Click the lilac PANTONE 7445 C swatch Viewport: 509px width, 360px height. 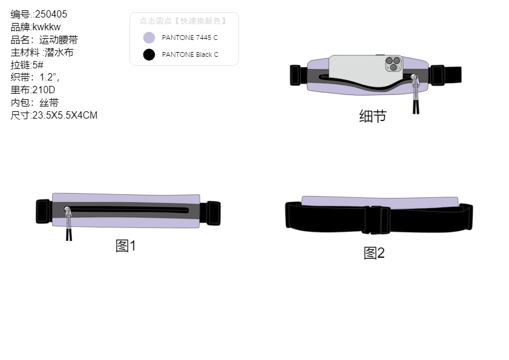pyautogui.click(x=149, y=38)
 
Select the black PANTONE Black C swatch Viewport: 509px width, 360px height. pyautogui.click(x=149, y=54)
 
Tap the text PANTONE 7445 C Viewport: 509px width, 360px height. pyautogui.click(x=190, y=38)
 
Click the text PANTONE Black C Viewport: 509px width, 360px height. pyautogui.click(x=190, y=54)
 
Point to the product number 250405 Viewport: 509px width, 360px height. pyautogui.click(x=51, y=15)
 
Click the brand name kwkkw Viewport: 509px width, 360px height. pyautogui.click(x=47, y=27)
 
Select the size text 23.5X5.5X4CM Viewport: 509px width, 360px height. pyautogui.click(x=65, y=115)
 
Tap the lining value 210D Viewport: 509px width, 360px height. pyautogui.click(x=44, y=90)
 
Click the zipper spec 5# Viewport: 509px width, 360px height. pyautogui.click(x=38, y=65)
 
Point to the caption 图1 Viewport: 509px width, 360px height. pyautogui.click(x=126, y=246)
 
